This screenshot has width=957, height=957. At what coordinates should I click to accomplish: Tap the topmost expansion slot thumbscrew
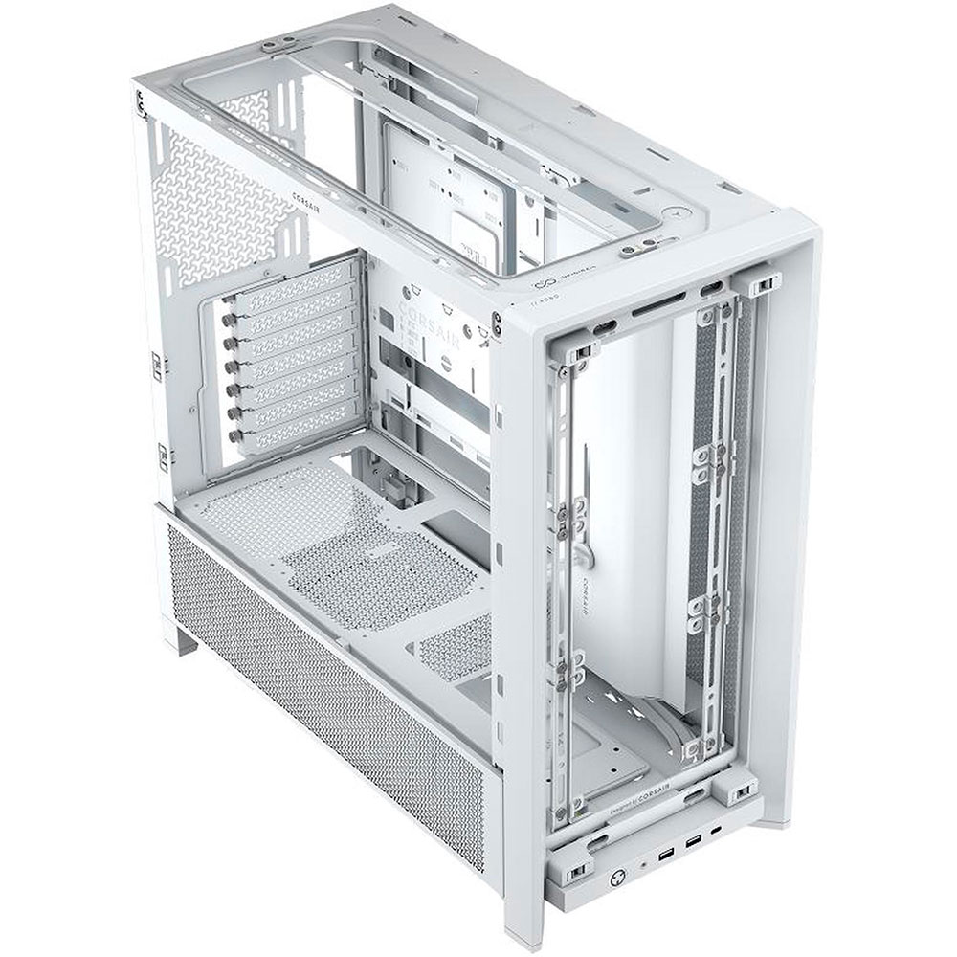coord(228,307)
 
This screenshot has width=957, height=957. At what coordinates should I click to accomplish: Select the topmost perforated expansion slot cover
coord(287,302)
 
